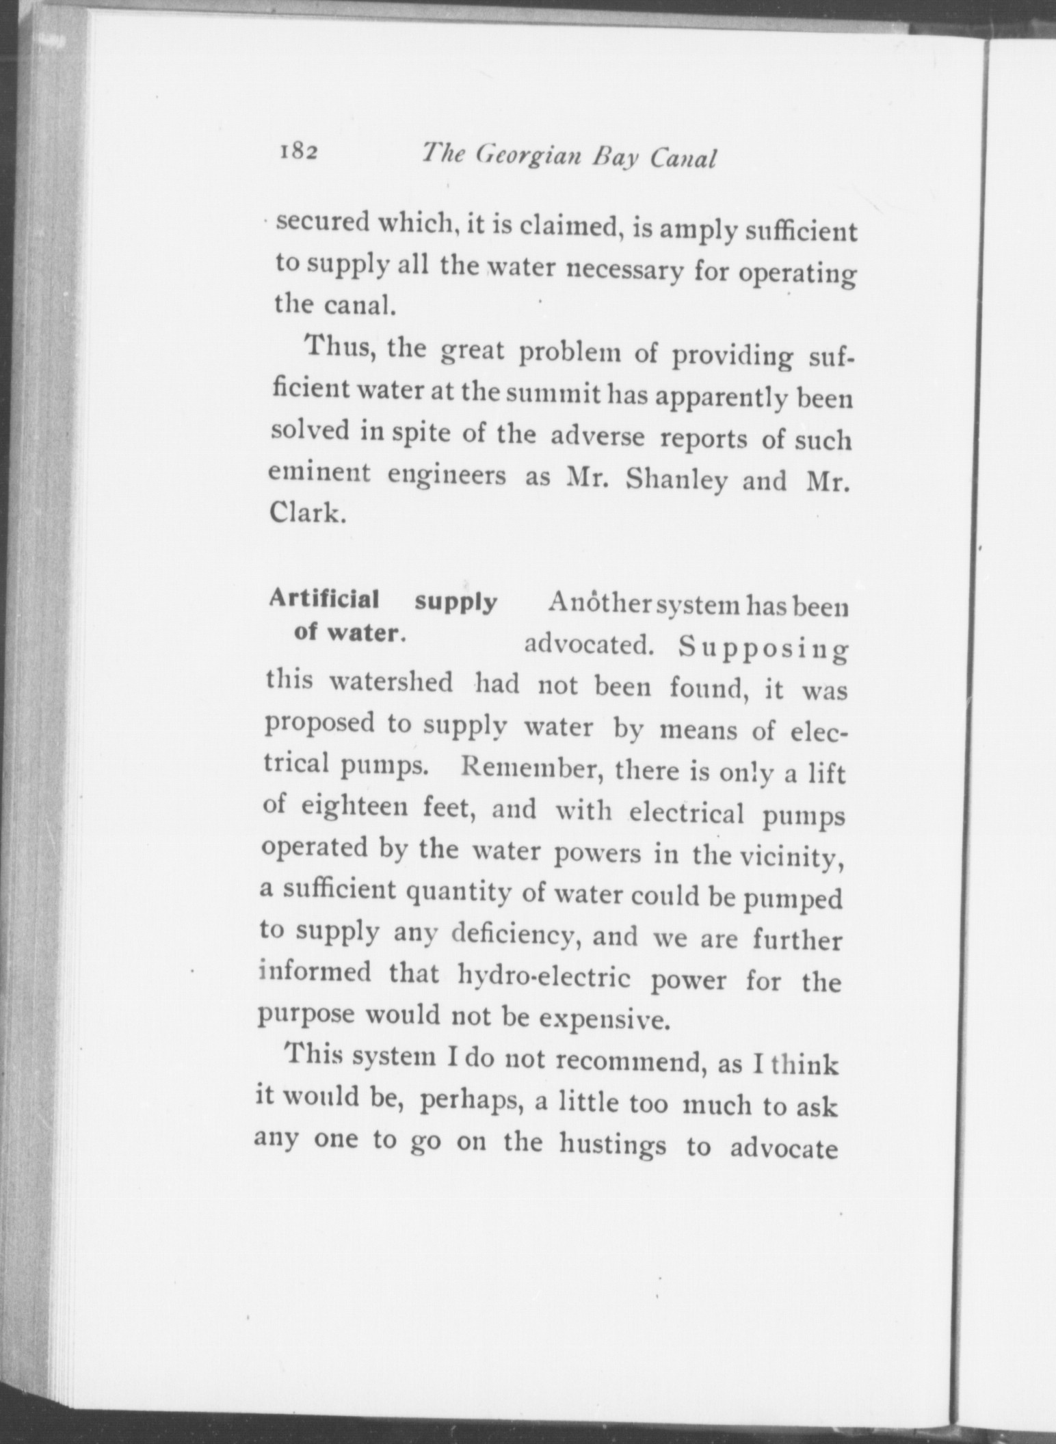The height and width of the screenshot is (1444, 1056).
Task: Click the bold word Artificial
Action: pyautogui.click(x=324, y=600)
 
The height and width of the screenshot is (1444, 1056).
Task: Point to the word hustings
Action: pyautogui.click(x=612, y=1144)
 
